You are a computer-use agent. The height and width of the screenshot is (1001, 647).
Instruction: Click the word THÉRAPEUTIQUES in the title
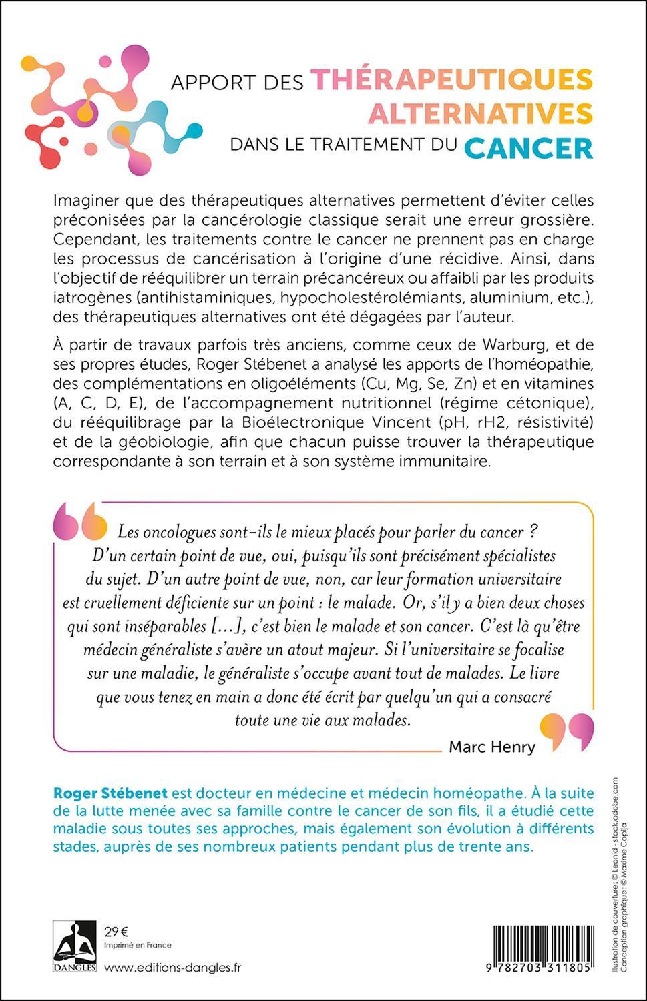(x=452, y=79)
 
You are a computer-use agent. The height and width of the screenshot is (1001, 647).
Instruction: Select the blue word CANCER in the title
(x=528, y=147)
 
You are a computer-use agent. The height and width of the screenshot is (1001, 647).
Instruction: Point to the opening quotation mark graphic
(x=80, y=520)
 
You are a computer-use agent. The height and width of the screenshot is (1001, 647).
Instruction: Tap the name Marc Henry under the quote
(x=492, y=747)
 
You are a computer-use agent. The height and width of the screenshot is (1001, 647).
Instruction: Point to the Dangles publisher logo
(x=75, y=946)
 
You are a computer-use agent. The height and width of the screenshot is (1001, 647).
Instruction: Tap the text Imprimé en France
(x=138, y=945)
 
